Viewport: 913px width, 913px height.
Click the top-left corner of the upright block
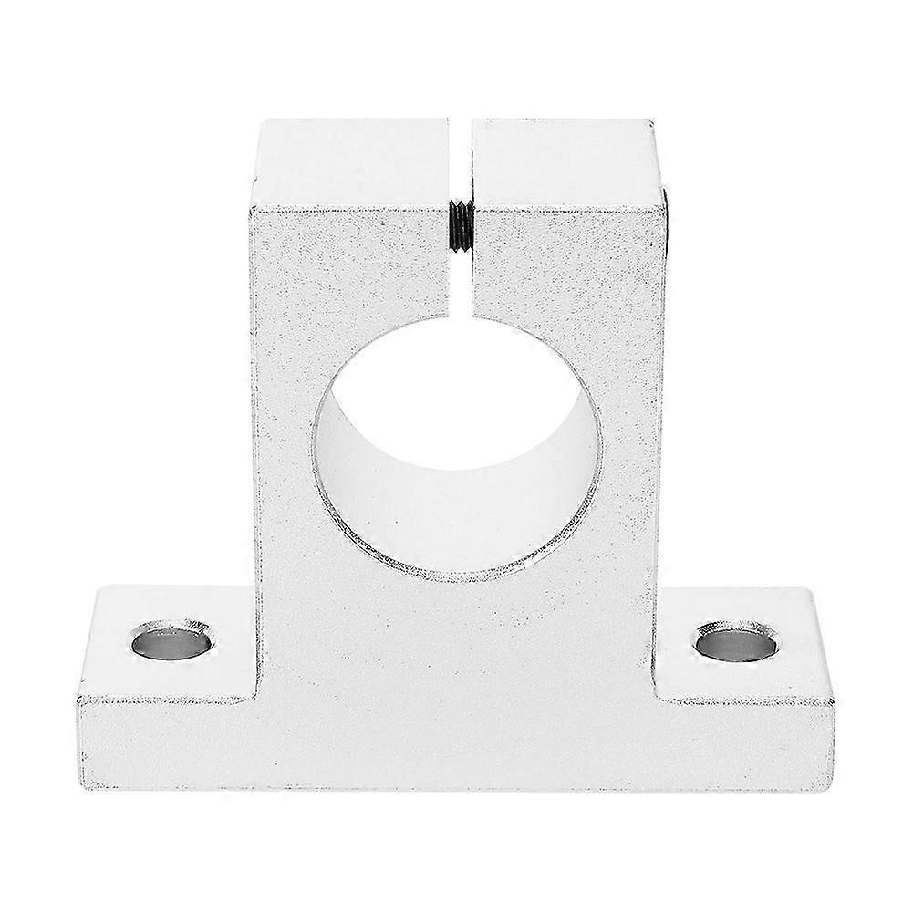pos(259,122)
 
